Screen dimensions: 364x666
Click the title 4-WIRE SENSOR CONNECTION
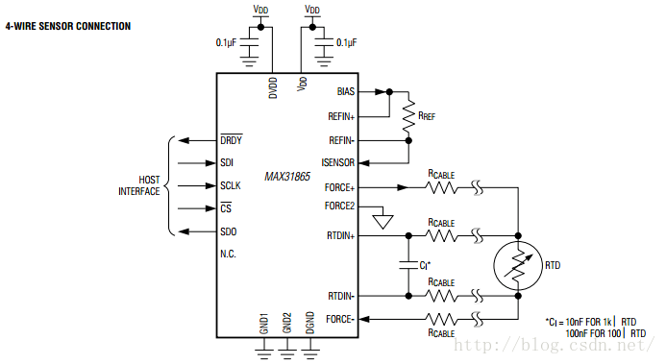point(67,26)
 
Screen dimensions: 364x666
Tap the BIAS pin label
point(345,92)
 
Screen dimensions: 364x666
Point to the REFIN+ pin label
point(340,115)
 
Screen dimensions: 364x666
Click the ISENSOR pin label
point(338,161)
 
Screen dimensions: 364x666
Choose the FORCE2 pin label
point(339,205)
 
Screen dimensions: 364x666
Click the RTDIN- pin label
point(340,296)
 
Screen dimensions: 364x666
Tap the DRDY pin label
point(231,139)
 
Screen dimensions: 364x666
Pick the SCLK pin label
point(232,185)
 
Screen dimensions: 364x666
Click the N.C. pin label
point(229,255)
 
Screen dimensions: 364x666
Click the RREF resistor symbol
point(409,115)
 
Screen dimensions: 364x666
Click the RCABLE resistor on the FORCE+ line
point(441,187)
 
